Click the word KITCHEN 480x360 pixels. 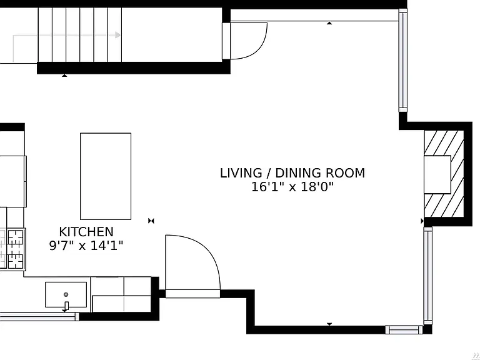pyautogui.click(x=86, y=232)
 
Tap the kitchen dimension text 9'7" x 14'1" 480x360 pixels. pyautogui.click(x=86, y=245)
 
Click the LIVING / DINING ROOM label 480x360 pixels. pyautogui.click(x=292, y=173)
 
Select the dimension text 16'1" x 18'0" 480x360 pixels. pyautogui.click(x=292, y=186)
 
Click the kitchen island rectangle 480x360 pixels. pyautogui.click(x=106, y=176)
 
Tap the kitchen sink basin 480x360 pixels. pyautogui.click(x=66, y=294)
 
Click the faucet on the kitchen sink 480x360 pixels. pyautogui.click(x=66, y=306)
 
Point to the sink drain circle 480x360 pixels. pyautogui.click(x=66, y=294)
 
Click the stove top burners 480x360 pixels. pyautogui.click(x=16, y=249)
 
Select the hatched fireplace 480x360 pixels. pyautogui.click(x=444, y=174)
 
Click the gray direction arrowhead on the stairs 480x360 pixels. pyautogui.click(x=117, y=35)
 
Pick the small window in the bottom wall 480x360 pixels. pyautogui.click(x=404, y=330)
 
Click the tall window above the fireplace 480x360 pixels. pyautogui.click(x=403, y=60)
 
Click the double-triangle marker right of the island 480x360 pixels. pyautogui.click(x=151, y=221)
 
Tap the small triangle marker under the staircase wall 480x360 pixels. pyautogui.click(x=64, y=75)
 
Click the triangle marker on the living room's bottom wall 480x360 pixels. pyautogui.click(x=329, y=324)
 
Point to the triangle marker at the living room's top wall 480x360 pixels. pyautogui.click(x=329, y=23)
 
